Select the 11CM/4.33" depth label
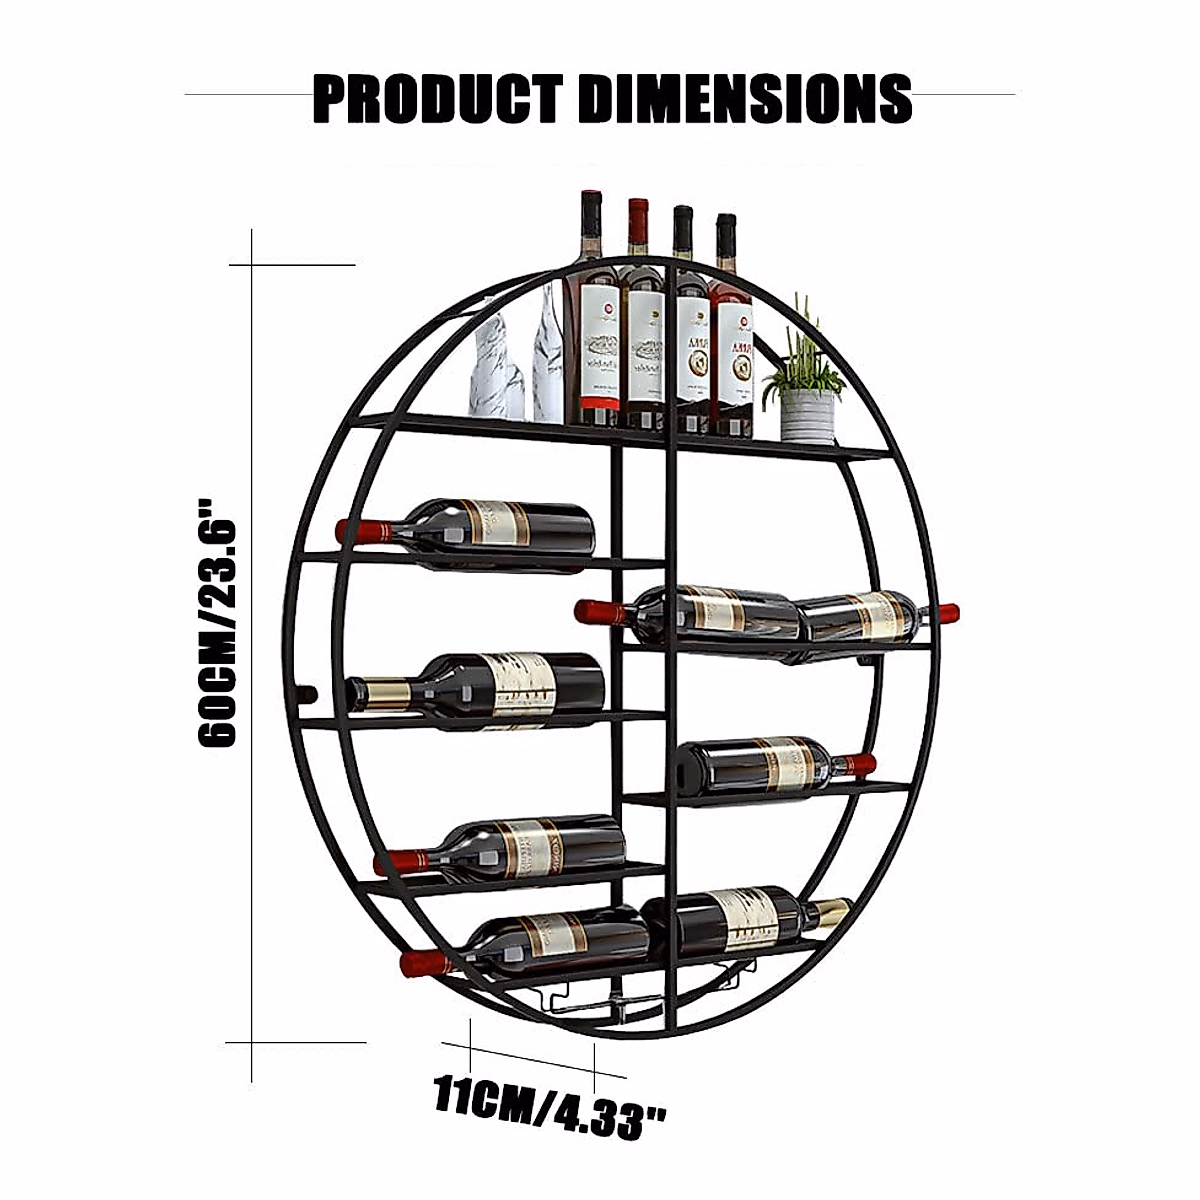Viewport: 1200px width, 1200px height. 550,1106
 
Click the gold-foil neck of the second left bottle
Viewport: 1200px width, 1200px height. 385,692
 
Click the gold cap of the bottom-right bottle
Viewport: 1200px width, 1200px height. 829,911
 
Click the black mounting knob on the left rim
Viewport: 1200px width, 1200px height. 308,692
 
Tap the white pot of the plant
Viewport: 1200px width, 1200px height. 807,415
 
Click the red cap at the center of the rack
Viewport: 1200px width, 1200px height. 594,609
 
